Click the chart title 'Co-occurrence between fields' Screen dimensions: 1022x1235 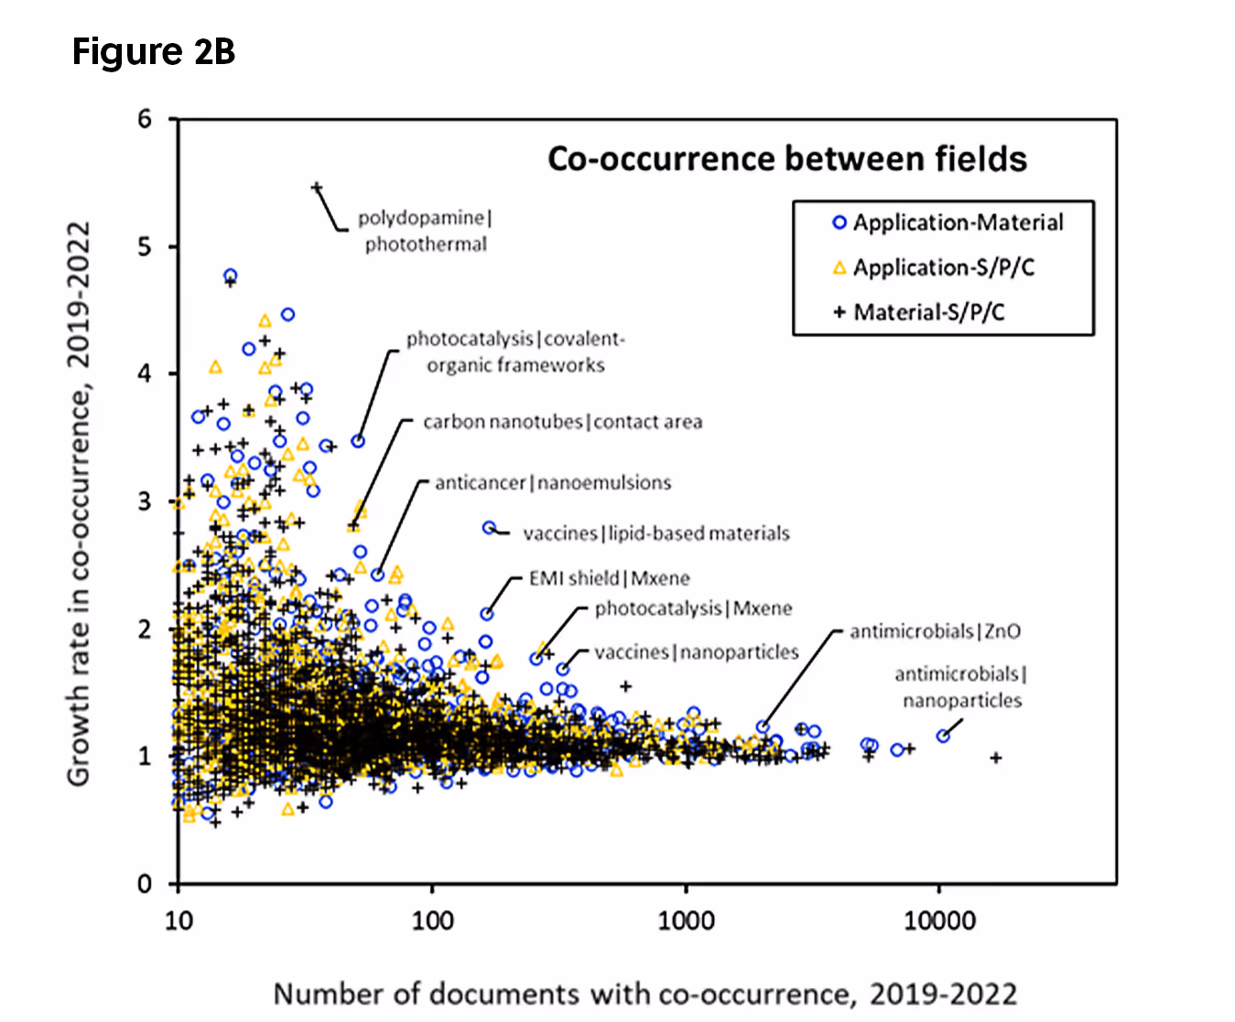tap(786, 159)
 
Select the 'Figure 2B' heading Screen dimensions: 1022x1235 tap(154, 52)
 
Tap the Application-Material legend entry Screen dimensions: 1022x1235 tap(948, 222)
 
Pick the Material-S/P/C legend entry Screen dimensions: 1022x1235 tap(919, 312)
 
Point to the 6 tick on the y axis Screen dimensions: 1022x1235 tap(145, 119)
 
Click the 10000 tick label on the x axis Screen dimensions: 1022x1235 tap(939, 920)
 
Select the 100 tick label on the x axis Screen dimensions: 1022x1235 tap(432, 920)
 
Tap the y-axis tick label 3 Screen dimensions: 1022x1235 tap(145, 501)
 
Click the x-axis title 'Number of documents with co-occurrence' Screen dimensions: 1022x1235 tap(645, 994)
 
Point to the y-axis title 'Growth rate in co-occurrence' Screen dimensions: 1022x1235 tap(79, 502)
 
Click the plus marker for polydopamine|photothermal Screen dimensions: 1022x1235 tap(317, 188)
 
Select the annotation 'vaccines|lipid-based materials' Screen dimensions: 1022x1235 tap(655, 533)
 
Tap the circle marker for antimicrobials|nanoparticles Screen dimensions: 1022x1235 tap(943, 736)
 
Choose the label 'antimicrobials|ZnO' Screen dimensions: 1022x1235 tap(935, 631)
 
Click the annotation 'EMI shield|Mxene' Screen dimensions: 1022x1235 tap(609, 578)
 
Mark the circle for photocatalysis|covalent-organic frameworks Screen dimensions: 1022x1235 tap(358, 441)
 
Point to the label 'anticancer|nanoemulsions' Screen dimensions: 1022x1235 tap(553, 482)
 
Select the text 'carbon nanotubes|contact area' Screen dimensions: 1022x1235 tap(562, 422)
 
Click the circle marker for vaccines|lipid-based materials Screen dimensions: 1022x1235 tap(489, 528)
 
